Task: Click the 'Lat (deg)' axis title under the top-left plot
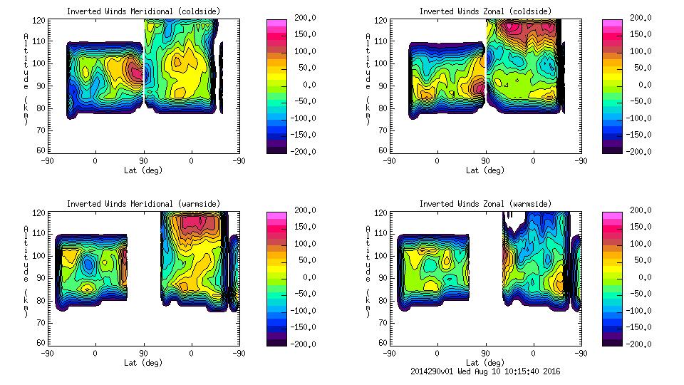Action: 143,170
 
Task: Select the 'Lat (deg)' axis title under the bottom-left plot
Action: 143,363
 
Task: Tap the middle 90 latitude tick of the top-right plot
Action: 485,161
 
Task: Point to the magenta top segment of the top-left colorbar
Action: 276,23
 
